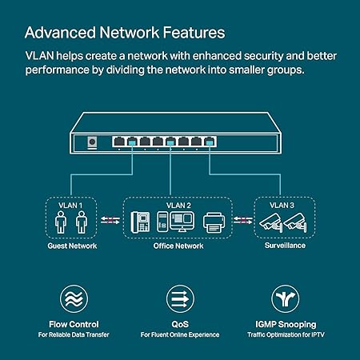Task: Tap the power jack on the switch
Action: point(91,142)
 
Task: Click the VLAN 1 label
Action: point(70,205)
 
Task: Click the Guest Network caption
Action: point(70,246)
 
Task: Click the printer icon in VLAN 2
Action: point(213,222)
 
